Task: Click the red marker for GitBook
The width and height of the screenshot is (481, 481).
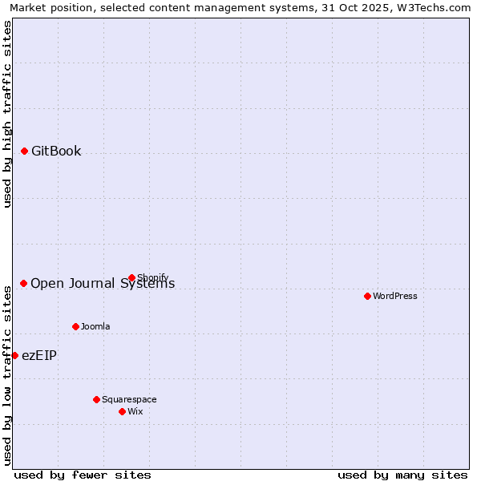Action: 24,151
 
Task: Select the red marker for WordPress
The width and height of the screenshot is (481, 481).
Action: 367,296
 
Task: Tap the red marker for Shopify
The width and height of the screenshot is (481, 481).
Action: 131,278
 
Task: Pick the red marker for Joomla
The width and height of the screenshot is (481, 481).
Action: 75,326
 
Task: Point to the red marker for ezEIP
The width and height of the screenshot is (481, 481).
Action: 14,355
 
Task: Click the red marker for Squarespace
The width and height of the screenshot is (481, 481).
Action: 96,399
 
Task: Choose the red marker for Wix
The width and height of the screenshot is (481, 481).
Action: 122,411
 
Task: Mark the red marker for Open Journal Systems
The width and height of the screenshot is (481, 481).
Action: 23,283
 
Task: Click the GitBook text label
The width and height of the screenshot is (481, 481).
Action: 56,151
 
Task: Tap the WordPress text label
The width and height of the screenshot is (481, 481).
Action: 395,296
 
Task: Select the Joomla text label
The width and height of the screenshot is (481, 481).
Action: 95,326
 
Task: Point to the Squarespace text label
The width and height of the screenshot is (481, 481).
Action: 129,399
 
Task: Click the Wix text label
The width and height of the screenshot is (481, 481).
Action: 135,411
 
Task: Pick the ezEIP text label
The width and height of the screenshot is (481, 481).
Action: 39,355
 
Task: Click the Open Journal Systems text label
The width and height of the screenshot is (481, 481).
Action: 103,283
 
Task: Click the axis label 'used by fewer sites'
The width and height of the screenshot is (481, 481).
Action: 83,475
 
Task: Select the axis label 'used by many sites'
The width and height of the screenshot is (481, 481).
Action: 402,475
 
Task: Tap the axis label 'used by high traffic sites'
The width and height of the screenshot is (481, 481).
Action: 7,114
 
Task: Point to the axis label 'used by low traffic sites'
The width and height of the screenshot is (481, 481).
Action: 7,373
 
